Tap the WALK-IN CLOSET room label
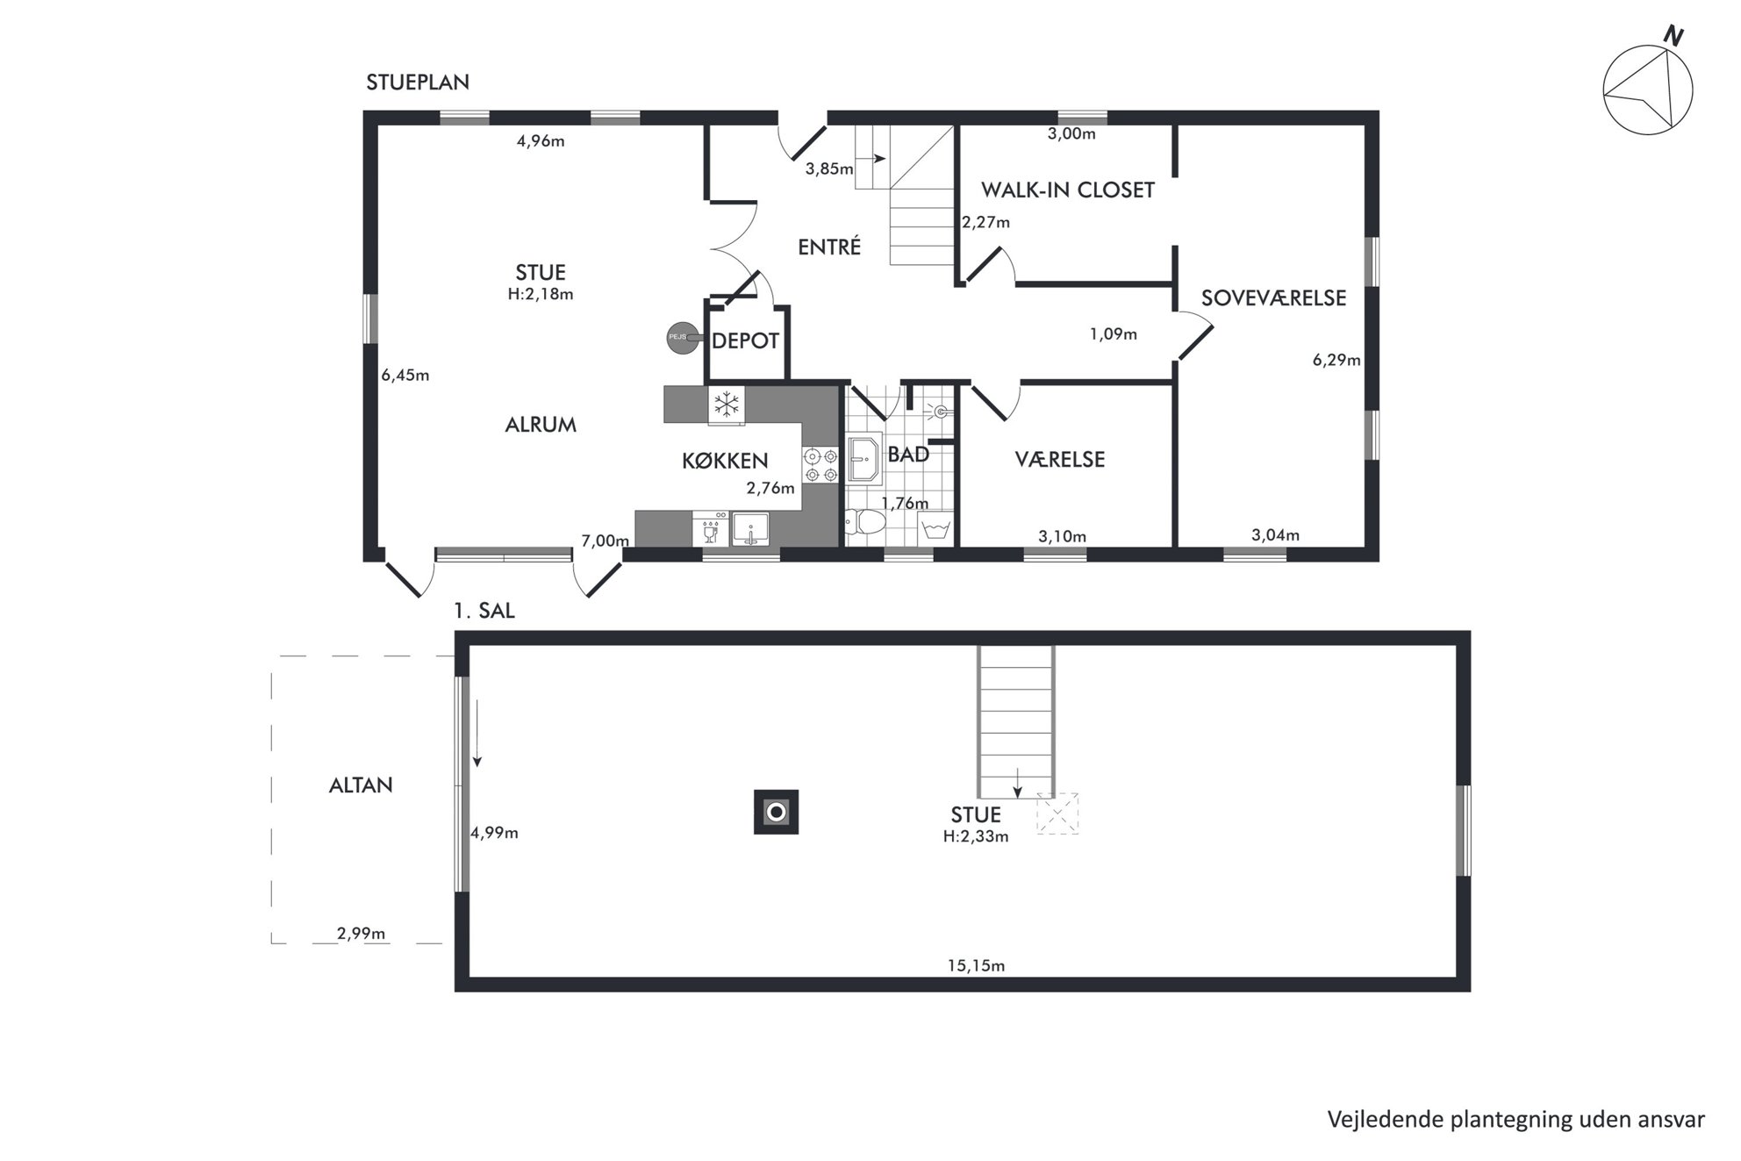tap(1067, 190)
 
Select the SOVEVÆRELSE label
tap(1273, 298)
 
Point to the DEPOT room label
tap(745, 340)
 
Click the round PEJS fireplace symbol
tap(679, 337)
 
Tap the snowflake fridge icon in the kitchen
tap(727, 405)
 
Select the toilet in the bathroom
tap(866, 523)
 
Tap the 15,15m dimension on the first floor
tap(976, 966)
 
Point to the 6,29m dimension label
tap(1336, 360)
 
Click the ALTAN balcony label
tap(361, 785)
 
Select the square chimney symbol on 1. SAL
tap(776, 812)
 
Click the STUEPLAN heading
tap(418, 82)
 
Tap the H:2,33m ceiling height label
tap(976, 837)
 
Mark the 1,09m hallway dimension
tap(1114, 334)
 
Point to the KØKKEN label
tap(725, 461)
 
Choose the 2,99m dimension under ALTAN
tap(362, 934)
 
